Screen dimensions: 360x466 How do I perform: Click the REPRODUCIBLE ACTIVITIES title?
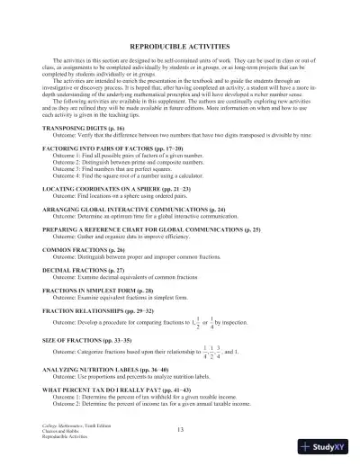pos(179,44)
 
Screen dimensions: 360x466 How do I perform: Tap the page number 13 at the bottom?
pos(180,430)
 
